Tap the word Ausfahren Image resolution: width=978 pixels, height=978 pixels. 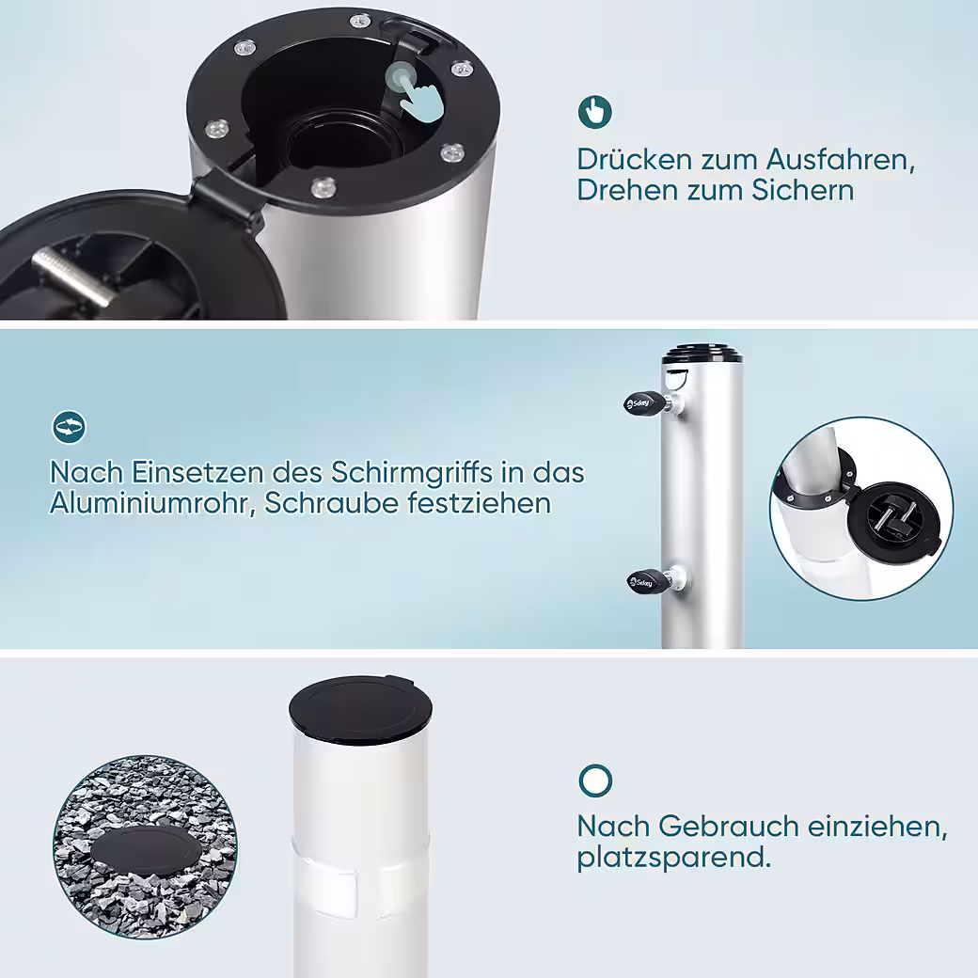tap(840, 160)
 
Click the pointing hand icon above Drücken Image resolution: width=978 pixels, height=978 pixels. tap(594, 112)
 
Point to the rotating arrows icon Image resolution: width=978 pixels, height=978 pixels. tap(69, 427)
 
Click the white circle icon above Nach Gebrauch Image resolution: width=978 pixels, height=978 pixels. tap(595, 781)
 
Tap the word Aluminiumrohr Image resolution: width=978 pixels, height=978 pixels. tap(152, 504)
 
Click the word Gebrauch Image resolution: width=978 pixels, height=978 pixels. tap(728, 827)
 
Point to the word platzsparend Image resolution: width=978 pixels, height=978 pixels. tap(673, 859)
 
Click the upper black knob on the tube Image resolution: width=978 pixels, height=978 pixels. tap(646, 402)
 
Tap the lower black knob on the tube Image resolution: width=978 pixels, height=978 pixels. tap(649, 581)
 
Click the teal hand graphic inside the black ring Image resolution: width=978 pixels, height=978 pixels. tap(416, 92)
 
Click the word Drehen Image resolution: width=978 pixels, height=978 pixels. tap(629, 190)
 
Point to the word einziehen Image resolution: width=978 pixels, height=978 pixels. tap(877, 827)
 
